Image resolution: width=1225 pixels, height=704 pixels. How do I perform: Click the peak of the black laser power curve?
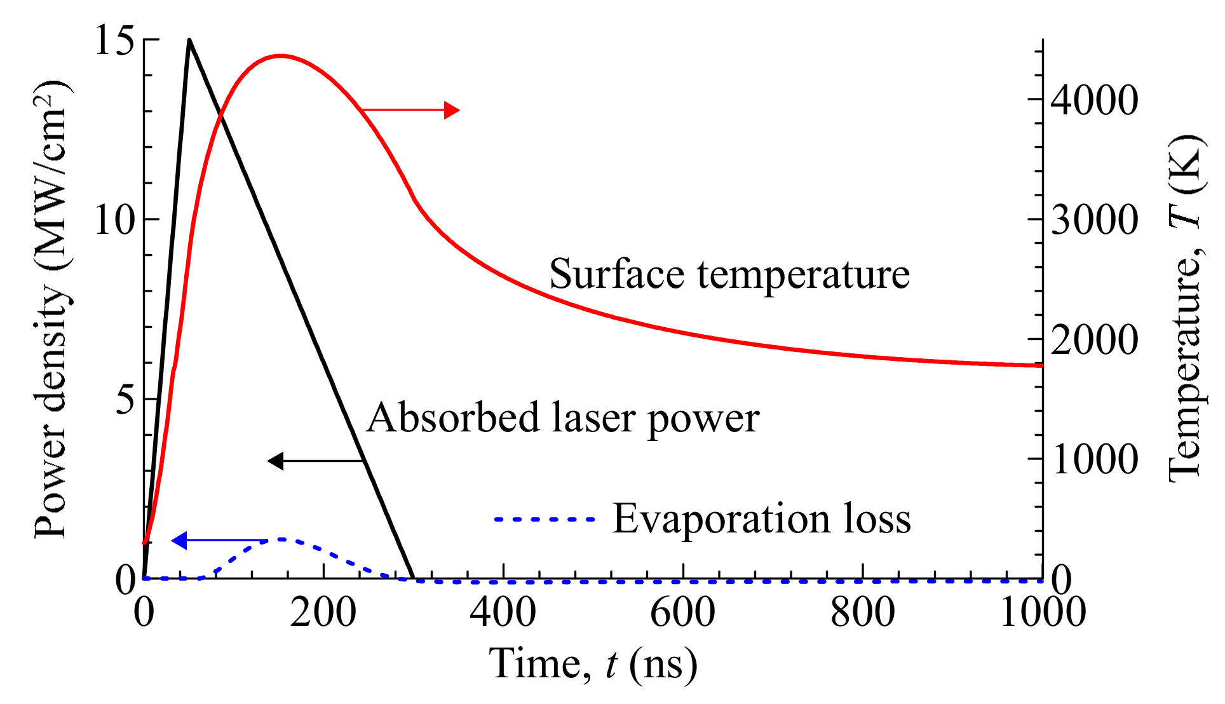point(189,41)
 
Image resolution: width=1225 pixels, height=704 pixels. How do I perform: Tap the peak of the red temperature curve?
point(280,56)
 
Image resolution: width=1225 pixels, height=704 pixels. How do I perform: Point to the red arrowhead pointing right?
point(452,110)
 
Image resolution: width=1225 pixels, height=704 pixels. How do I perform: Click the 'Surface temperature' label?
point(729,274)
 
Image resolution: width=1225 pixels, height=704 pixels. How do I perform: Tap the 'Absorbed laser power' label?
point(563,418)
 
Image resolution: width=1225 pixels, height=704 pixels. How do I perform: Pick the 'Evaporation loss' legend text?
point(761,518)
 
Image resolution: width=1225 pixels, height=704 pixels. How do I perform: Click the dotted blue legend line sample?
point(545,519)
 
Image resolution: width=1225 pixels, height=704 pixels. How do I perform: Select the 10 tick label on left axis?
point(115,220)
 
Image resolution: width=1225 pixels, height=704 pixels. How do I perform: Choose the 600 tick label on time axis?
point(682,613)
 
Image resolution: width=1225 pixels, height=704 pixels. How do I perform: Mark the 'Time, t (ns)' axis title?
point(593,665)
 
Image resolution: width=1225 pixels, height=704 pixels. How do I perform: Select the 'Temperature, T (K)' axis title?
point(1186,308)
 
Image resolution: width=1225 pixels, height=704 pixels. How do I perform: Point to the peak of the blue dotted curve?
point(281,539)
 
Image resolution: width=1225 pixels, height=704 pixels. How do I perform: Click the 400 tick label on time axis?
point(503,613)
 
